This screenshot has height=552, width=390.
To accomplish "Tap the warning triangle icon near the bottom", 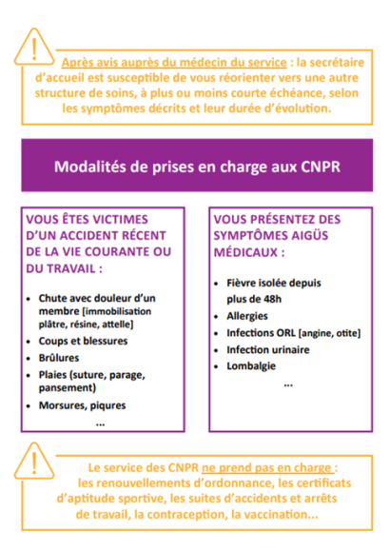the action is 36,461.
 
